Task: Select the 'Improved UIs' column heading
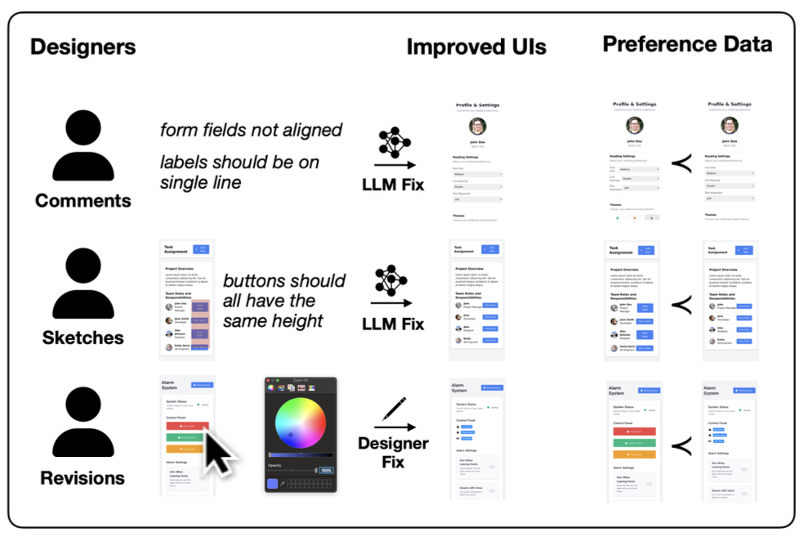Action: point(476,47)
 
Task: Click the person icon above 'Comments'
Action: point(83,147)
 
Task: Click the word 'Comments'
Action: point(83,200)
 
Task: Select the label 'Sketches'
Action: point(83,338)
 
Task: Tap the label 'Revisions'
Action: point(83,478)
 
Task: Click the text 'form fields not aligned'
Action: point(251,130)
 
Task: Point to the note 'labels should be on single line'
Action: point(239,172)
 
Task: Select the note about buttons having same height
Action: point(284,301)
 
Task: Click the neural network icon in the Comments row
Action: point(394,143)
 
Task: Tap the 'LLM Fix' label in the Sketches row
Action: point(393,324)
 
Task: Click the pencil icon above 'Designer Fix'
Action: point(394,409)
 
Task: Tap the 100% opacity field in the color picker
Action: point(326,470)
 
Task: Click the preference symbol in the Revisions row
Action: point(680,445)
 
